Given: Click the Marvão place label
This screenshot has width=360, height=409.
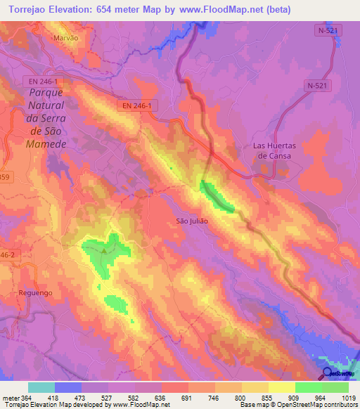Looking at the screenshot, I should tap(66, 39).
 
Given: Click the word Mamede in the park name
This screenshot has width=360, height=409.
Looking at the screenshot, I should tap(46, 143).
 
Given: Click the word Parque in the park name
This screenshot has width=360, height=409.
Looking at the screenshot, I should tap(46, 93).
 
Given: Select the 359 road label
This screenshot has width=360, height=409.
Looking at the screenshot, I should tap(6, 176).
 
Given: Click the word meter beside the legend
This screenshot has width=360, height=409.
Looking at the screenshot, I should tap(11, 397).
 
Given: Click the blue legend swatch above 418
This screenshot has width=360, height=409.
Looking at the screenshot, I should tap(68, 387).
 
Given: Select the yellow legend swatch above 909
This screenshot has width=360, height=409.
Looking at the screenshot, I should tap(281, 387).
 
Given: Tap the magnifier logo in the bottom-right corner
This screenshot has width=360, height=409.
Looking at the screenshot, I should tap(328, 374).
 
